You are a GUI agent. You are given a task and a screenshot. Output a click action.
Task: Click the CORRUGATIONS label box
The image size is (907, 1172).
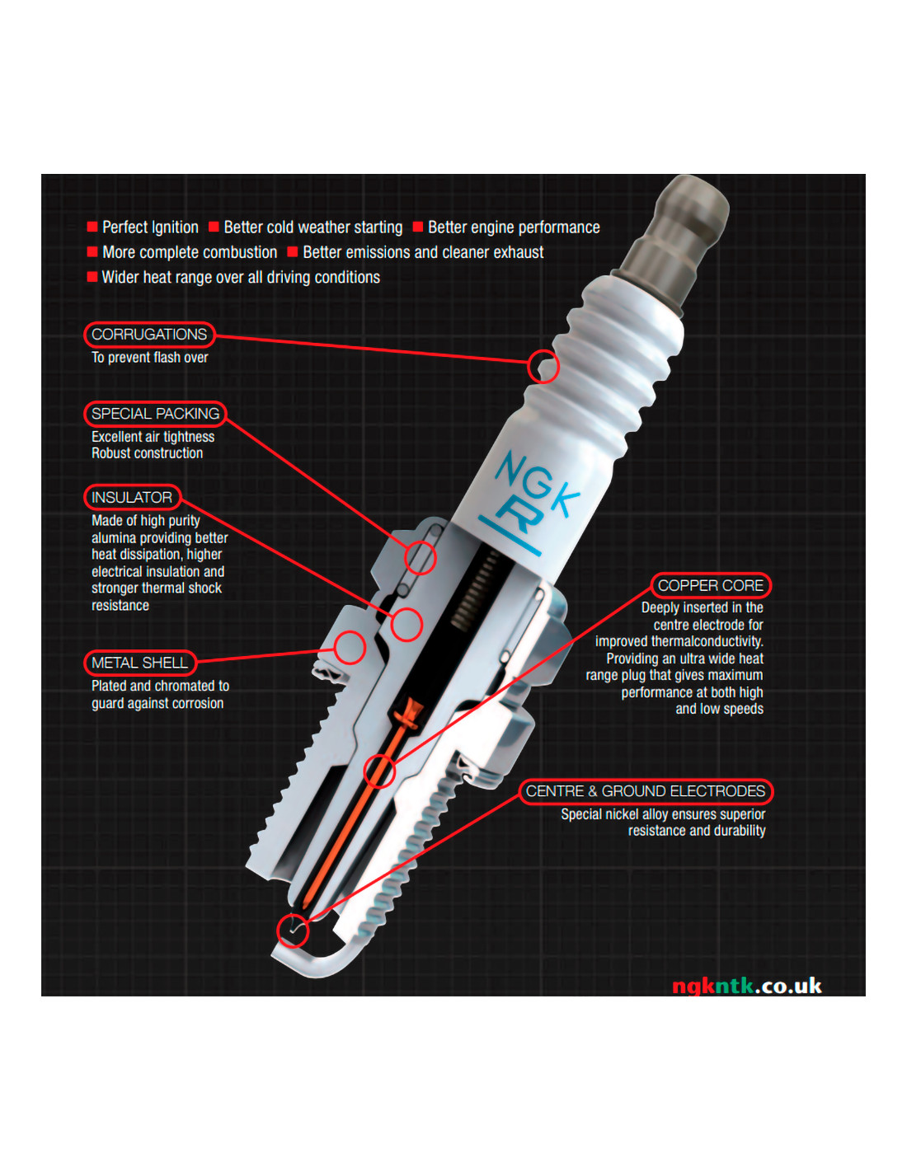pyautogui.click(x=149, y=335)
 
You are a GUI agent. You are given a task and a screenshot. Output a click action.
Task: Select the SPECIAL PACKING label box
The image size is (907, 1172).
pyautogui.click(x=155, y=414)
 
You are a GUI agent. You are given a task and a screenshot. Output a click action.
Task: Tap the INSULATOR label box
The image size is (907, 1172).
pyautogui.click(x=132, y=497)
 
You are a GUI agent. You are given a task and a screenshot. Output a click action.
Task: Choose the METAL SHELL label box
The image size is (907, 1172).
pyautogui.click(x=139, y=663)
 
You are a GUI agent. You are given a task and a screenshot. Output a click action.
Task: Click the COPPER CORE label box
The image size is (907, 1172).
pyautogui.click(x=711, y=585)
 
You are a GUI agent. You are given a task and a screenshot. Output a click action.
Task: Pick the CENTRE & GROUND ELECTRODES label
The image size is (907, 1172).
pyautogui.click(x=646, y=791)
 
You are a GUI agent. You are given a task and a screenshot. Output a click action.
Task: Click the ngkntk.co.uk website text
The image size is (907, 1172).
pyautogui.click(x=747, y=986)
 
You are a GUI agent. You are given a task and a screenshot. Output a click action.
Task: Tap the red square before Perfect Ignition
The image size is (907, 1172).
pyautogui.click(x=92, y=227)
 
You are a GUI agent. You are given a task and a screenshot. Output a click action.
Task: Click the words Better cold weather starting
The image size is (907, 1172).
pyautogui.click(x=313, y=227)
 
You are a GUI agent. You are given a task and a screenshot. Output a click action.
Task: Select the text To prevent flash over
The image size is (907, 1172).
pyautogui.click(x=149, y=358)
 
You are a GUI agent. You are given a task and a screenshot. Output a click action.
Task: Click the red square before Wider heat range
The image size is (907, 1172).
pyautogui.click(x=92, y=277)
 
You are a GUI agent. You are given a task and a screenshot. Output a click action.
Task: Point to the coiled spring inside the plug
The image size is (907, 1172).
pyautogui.click(x=475, y=591)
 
